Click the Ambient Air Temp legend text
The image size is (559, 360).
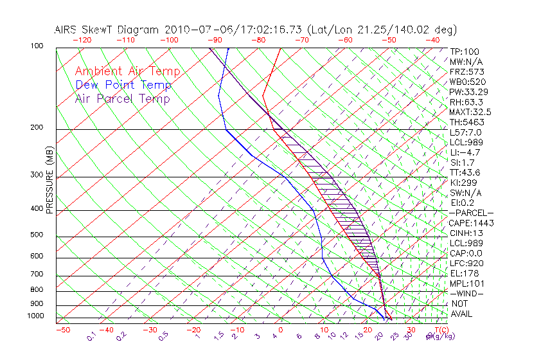tap(128, 71)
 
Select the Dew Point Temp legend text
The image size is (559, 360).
tap(123, 85)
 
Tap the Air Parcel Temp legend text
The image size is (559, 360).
tap(122, 98)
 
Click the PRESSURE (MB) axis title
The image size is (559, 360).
tap(49, 183)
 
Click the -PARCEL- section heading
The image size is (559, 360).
tap(472, 213)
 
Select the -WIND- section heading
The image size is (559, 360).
tap(466, 293)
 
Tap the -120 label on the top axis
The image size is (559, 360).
tap(82, 40)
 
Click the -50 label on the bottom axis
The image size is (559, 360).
tap(62, 330)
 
